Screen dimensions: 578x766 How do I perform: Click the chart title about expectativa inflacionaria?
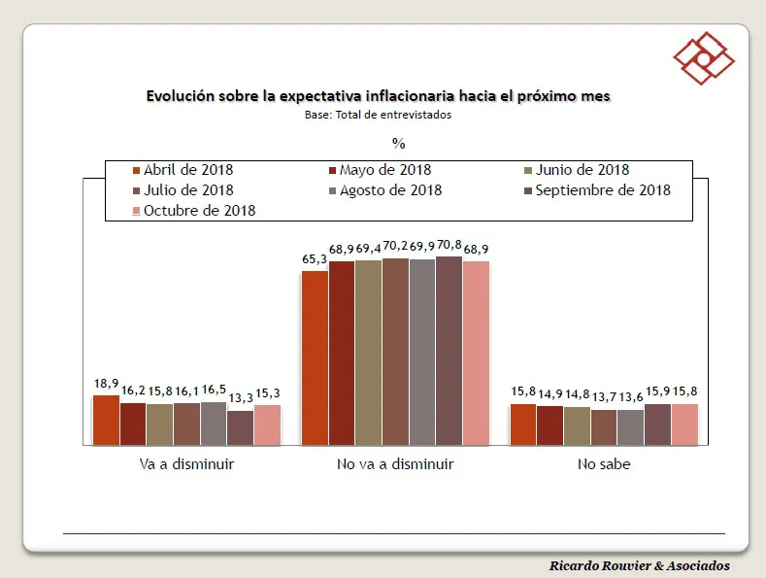[378, 96]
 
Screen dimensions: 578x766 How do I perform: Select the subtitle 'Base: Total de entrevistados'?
[378, 114]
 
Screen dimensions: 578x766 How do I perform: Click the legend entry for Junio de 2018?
[577, 170]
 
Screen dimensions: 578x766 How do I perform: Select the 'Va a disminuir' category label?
[186, 464]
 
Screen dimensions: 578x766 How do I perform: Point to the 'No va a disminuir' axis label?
[395, 464]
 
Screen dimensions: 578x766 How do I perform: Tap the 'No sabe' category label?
[603, 464]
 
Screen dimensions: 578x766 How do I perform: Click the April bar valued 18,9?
[106, 421]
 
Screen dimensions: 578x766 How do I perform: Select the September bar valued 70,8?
[449, 351]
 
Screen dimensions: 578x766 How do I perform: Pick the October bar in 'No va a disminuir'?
[476, 353]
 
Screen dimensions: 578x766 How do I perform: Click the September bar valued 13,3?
[240, 427]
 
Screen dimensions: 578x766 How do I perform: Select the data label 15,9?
[657, 392]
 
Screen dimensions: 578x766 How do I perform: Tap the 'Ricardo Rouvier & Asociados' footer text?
[639, 565]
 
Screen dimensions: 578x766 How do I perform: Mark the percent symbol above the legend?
[398, 143]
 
